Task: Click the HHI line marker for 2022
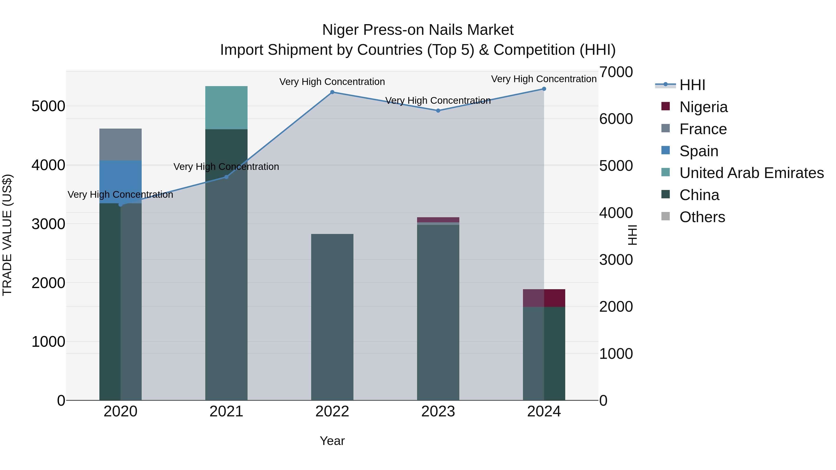tap(332, 92)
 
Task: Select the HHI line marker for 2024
tap(544, 89)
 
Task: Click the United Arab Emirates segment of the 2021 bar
tap(226, 108)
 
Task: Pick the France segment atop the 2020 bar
tap(120, 144)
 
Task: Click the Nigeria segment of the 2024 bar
tap(544, 298)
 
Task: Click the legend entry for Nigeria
tap(703, 107)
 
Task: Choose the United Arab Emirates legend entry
tap(751, 173)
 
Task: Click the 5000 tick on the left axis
tap(48, 106)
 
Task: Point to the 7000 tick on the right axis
tap(616, 72)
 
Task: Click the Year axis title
tap(332, 441)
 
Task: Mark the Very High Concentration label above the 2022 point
tap(332, 82)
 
